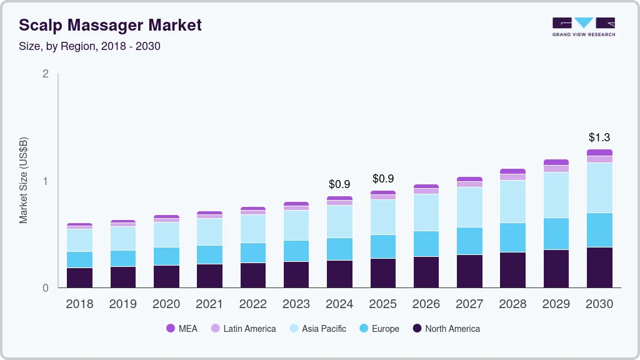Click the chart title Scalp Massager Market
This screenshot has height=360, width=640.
click(x=110, y=26)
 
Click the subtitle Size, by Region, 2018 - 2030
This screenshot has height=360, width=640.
click(x=89, y=46)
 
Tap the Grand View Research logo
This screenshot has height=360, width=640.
click(x=584, y=27)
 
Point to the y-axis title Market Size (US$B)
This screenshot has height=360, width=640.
click(x=24, y=181)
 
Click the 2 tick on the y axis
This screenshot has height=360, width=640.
click(x=45, y=74)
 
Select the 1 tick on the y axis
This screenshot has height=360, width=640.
click(x=45, y=181)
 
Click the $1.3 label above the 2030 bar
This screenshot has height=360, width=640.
click(x=600, y=137)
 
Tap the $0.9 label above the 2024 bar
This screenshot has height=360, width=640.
click(x=340, y=184)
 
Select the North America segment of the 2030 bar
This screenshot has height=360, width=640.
click(x=600, y=267)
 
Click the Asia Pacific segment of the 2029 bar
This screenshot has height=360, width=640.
click(x=556, y=195)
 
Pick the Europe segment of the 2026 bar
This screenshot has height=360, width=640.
click(x=426, y=244)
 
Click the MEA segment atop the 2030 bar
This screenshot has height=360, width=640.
click(x=600, y=152)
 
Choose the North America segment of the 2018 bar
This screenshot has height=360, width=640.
click(x=79, y=277)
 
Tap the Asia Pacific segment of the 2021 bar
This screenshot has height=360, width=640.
click(x=209, y=232)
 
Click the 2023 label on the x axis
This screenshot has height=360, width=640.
click(x=296, y=304)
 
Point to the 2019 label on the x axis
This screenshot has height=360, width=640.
click(x=122, y=304)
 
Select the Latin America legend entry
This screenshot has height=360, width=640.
click(x=244, y=329)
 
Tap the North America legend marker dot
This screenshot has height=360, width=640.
click(x=417, y=329)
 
